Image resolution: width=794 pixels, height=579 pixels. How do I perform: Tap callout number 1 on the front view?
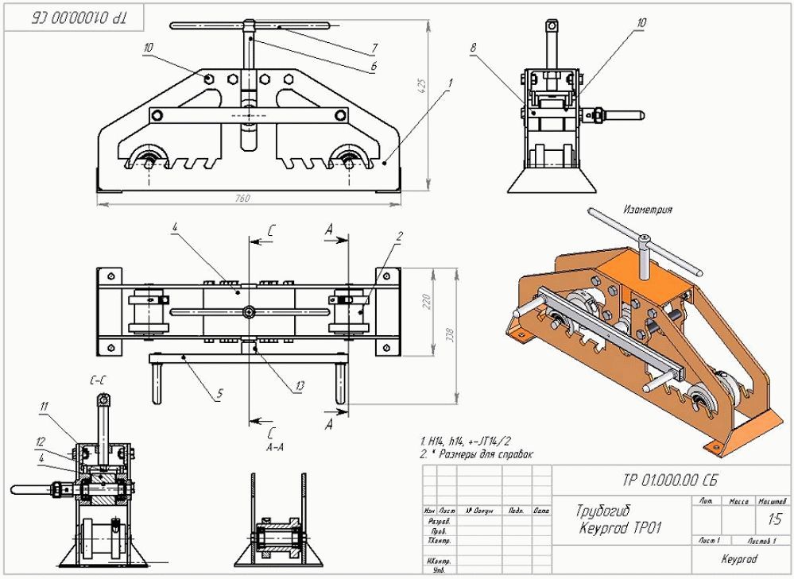[x=450, y=82]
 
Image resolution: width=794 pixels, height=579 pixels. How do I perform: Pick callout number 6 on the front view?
[x=373, y=67]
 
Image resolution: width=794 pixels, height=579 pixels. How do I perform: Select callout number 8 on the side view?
[x=473, y=48]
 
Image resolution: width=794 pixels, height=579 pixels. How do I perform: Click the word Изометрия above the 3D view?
[x=648, y=210]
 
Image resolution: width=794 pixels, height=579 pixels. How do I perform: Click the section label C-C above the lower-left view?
[x=99, y=382]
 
